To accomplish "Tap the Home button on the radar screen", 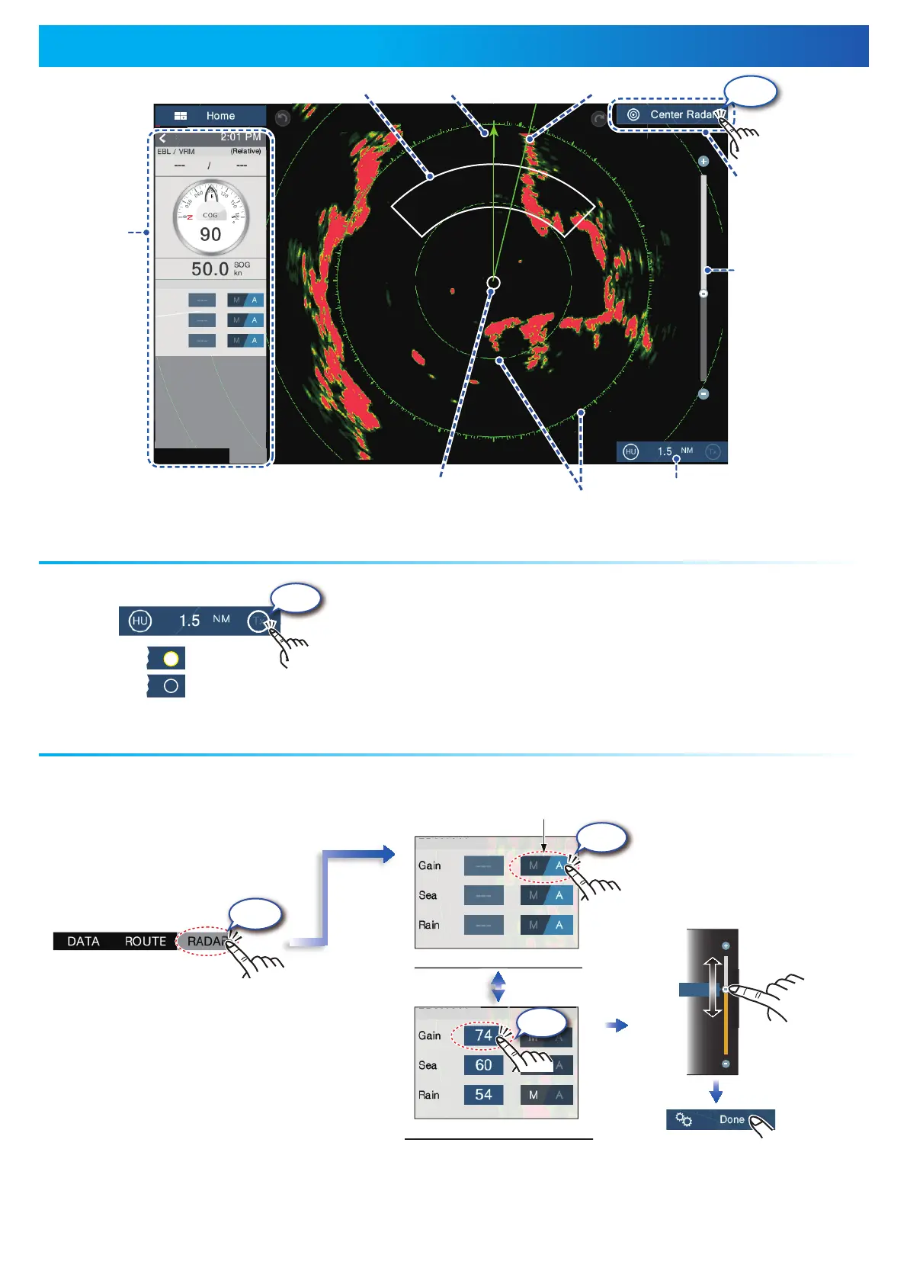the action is click(210, 116).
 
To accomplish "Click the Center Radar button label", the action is click(680, 114).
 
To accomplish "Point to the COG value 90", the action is click(210, 234).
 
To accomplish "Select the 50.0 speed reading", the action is click(210, 268).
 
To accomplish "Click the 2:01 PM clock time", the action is click(240, 137).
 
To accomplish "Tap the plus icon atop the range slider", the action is click(703, 162).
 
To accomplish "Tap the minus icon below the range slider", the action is click(703, 394).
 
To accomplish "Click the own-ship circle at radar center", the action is click(493, 283).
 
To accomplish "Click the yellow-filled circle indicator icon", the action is click(171, 658).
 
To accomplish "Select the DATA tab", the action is click(83, 941).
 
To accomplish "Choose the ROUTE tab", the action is click(146, 941).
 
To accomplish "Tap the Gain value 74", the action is click(483, 1035).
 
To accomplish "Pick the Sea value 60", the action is click(483, 1065).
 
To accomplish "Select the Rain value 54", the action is click(483, 1095).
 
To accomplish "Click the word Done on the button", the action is click(731, 1119).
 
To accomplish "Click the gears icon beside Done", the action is click(684, 1119).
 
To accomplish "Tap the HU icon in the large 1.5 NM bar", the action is click(139, 621).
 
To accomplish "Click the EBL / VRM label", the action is click(176, 152).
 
